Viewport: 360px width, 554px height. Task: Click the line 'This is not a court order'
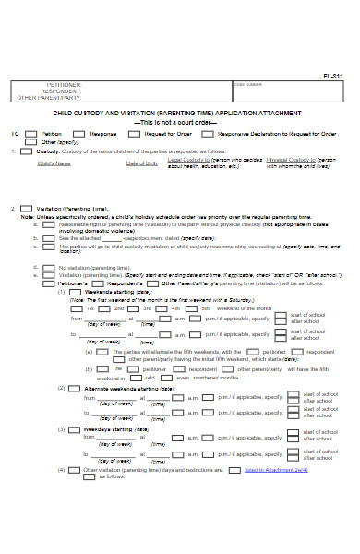(x=179, y=122)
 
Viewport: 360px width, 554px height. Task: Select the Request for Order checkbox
(x=133, y=133)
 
